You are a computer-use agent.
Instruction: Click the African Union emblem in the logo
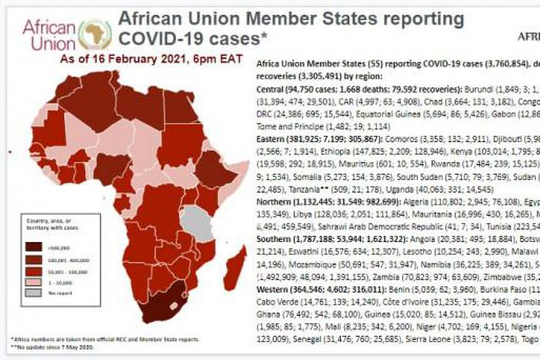97,34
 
